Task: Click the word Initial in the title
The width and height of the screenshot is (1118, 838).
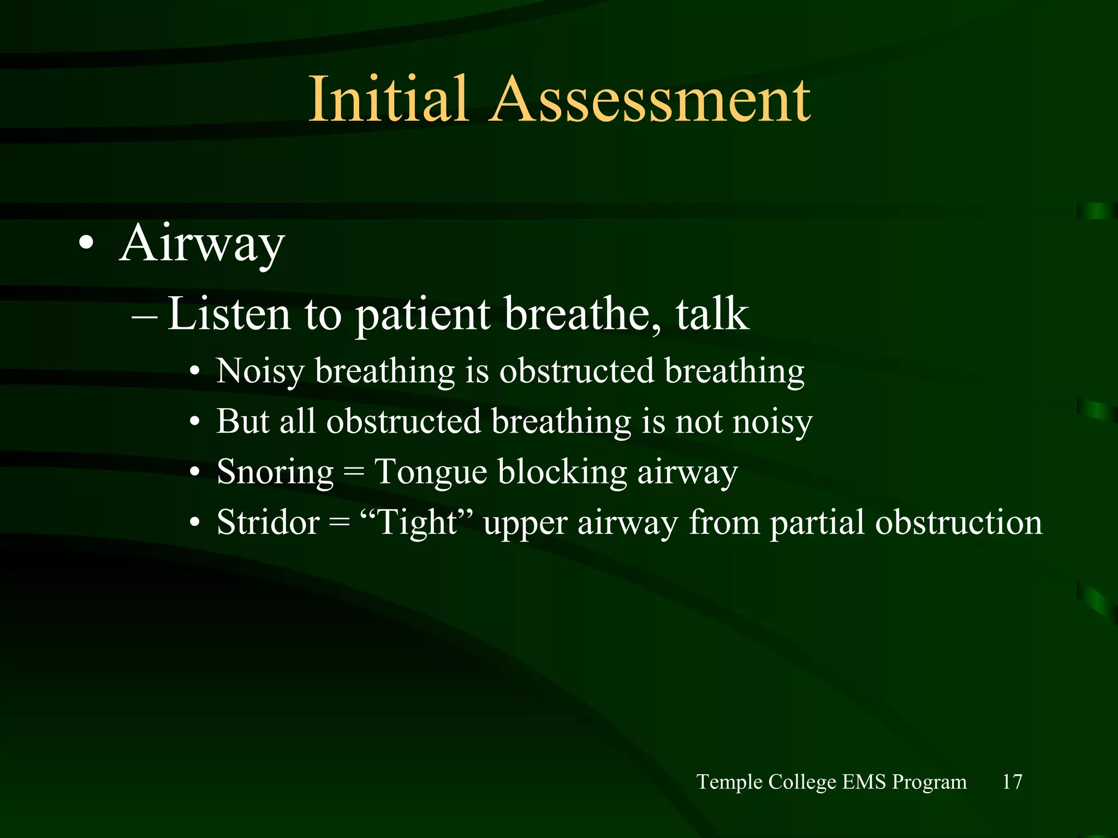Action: pyautogui.click(x=388, y=100)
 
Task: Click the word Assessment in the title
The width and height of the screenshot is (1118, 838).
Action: pyautogui.click(x=651, y=100)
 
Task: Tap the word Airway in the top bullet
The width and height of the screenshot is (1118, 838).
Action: pyautogui.click(x=201, y=244)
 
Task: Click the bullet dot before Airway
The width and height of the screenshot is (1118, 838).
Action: pyautogui.click(x=86, y=244)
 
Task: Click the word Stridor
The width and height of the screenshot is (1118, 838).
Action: pyautogui.click(x=267, y=523)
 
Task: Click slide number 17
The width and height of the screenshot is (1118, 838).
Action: pyautogui.click(x=1012, y=782)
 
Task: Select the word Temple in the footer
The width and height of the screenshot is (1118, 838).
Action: pyautogui.click(x=729, y=782)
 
